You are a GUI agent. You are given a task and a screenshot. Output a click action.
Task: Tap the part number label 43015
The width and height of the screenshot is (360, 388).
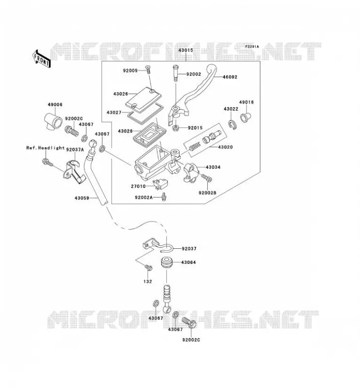[185, 50]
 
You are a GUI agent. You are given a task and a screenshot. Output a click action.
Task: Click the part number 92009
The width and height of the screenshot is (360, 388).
[130, 71]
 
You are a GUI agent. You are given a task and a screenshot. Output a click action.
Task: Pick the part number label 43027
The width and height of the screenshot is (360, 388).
[114, 113]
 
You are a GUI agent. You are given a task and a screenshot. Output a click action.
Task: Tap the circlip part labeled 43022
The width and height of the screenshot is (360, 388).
[232, 124]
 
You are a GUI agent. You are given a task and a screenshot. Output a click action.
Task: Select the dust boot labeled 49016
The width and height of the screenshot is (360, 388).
[245, 117]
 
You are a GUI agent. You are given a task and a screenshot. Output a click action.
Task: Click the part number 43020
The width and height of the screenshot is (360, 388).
[225, 147]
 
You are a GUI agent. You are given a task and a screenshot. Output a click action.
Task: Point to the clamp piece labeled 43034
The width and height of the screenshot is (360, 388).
[191, 172]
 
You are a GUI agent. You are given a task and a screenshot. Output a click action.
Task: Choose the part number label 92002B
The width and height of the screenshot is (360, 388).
[208, 192]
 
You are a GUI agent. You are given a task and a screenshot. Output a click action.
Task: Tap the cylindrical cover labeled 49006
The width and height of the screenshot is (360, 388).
[53, 120]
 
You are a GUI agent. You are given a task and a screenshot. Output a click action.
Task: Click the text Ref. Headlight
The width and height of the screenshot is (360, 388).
[45, 148]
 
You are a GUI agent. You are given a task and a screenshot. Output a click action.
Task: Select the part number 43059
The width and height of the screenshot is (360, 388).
[82, 198]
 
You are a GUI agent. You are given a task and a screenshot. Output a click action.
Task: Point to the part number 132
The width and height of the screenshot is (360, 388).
[147, 281]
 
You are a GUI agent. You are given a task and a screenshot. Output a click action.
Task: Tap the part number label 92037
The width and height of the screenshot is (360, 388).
[189, 249]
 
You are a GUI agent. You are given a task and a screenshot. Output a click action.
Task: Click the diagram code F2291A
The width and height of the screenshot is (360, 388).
[252, 47]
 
